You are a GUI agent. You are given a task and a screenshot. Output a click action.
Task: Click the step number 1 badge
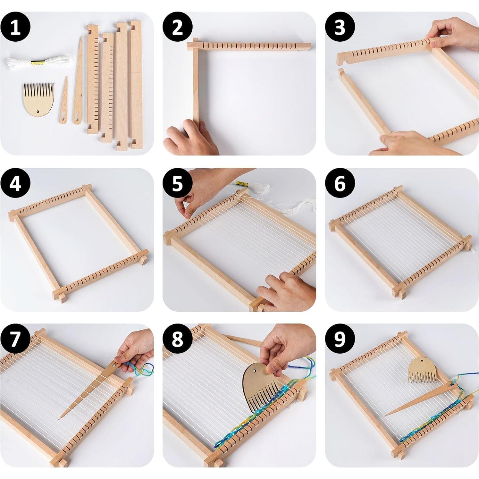15,27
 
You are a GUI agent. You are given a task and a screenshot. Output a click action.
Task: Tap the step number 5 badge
178,183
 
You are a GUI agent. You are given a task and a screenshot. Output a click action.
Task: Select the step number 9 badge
340,339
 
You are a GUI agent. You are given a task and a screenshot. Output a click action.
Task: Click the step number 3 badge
340,27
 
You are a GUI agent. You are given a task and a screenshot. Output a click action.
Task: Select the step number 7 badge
15,339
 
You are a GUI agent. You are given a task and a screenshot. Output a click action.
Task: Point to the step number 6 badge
340,183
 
